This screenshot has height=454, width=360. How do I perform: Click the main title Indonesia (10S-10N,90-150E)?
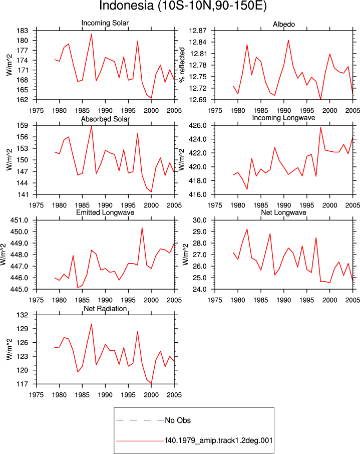[183, 6]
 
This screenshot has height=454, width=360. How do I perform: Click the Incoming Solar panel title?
[105, 23]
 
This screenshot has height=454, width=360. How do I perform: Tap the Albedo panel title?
[284, 25]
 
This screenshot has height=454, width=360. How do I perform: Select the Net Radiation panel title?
[105, 309]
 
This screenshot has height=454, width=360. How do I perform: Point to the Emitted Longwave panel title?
[105, 212]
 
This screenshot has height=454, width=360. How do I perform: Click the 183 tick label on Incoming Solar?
[23, 31]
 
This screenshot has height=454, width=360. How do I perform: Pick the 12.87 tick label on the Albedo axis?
[198, 31]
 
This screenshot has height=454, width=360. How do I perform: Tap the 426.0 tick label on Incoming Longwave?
[198, 126]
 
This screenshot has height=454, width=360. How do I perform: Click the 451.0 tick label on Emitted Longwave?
[20, 220]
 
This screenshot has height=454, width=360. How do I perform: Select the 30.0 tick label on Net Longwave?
[200, 220]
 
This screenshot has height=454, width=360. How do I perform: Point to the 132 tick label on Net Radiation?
[23, 315]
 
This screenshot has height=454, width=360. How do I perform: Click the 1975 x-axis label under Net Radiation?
[37, 395]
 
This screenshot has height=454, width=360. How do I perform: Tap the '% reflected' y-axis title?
[182, 65]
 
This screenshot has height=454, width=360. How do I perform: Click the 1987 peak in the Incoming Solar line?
[92, 34]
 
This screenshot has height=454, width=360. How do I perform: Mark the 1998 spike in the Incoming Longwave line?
[320, 127]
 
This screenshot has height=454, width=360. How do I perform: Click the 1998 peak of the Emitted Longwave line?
[142, 228]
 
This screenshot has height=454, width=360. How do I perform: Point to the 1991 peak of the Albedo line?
[288, 40]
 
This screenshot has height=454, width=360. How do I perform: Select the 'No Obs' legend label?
[178, 420]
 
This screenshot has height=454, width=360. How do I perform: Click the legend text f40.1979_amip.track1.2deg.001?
[219, 440]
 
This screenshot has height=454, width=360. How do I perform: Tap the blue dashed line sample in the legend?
[140, 420]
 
